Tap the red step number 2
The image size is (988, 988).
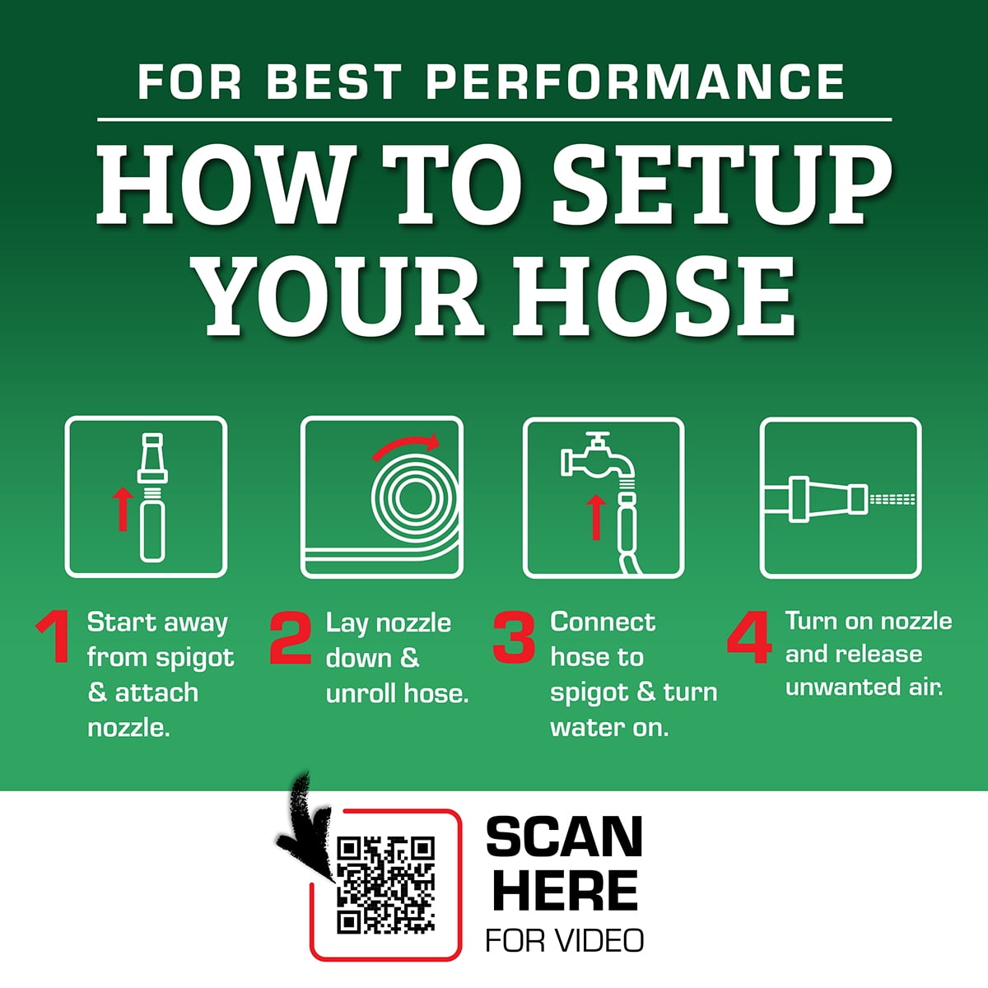pos(291,637)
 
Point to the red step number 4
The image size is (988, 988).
pos(749,636)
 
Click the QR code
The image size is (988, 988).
pos(385,885)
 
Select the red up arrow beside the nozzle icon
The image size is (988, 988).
pos(123,509)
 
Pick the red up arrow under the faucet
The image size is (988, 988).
pos(596,517)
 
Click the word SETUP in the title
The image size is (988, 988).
pos(722,186)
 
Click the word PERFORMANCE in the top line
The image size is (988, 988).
pos(635,82)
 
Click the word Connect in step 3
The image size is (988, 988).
pos(603,622)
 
